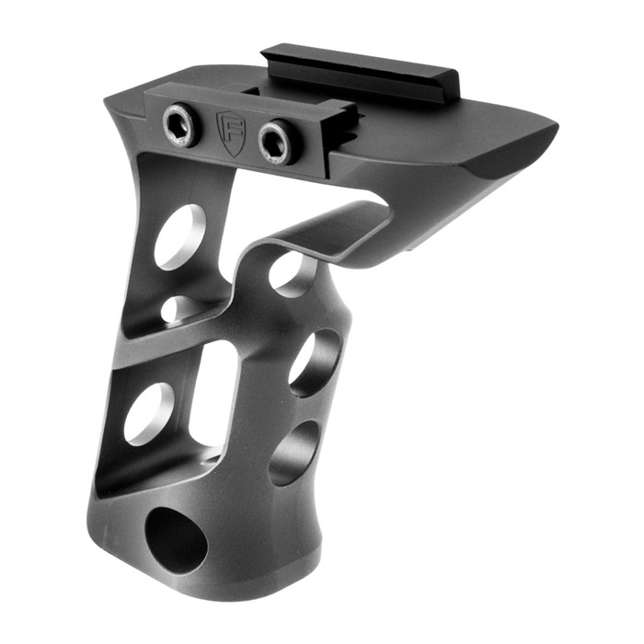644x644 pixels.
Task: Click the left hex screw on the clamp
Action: click(178, 127)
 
